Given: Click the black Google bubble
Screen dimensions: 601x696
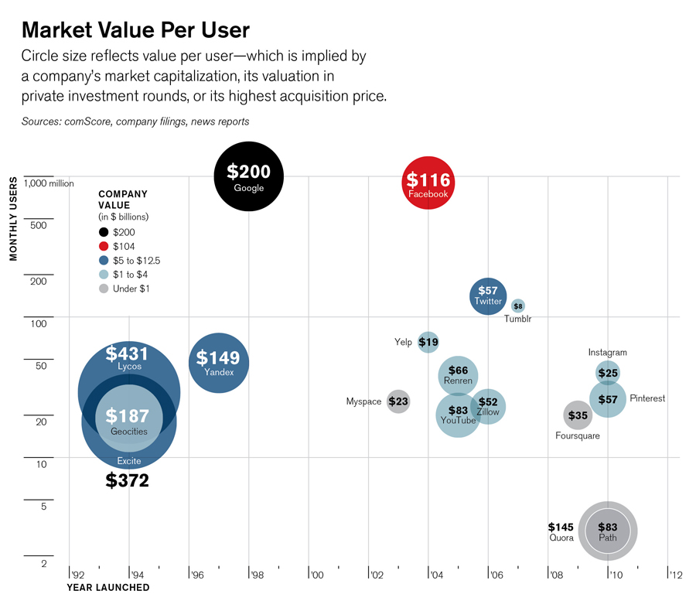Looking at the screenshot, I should pos(248,176).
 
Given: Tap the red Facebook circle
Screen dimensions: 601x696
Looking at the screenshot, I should pos(428,183).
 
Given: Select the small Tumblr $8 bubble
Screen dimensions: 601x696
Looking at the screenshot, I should pos(518,306).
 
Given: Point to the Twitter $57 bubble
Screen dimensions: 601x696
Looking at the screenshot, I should pos(488,295).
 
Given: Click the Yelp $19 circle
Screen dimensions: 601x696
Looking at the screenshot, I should pos(428,342).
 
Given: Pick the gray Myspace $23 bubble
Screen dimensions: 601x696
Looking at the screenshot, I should pos(398,401).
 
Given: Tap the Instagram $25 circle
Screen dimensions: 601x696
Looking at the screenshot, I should pos(608,373).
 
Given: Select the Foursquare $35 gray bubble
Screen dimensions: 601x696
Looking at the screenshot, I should pos(577,415).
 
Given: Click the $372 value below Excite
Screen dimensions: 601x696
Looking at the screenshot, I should pos(127,481).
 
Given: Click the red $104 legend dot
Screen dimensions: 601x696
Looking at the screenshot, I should pos(104,247).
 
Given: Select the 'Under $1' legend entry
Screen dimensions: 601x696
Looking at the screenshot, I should pos(131,289).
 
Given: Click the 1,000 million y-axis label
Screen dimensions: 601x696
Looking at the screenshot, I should pos(49,183).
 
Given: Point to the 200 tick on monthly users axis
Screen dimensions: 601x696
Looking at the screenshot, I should pos(39,281).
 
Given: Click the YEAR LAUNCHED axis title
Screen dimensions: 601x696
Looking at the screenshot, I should pos(107,588).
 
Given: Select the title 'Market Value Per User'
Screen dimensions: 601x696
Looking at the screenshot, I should pos(135,30).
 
